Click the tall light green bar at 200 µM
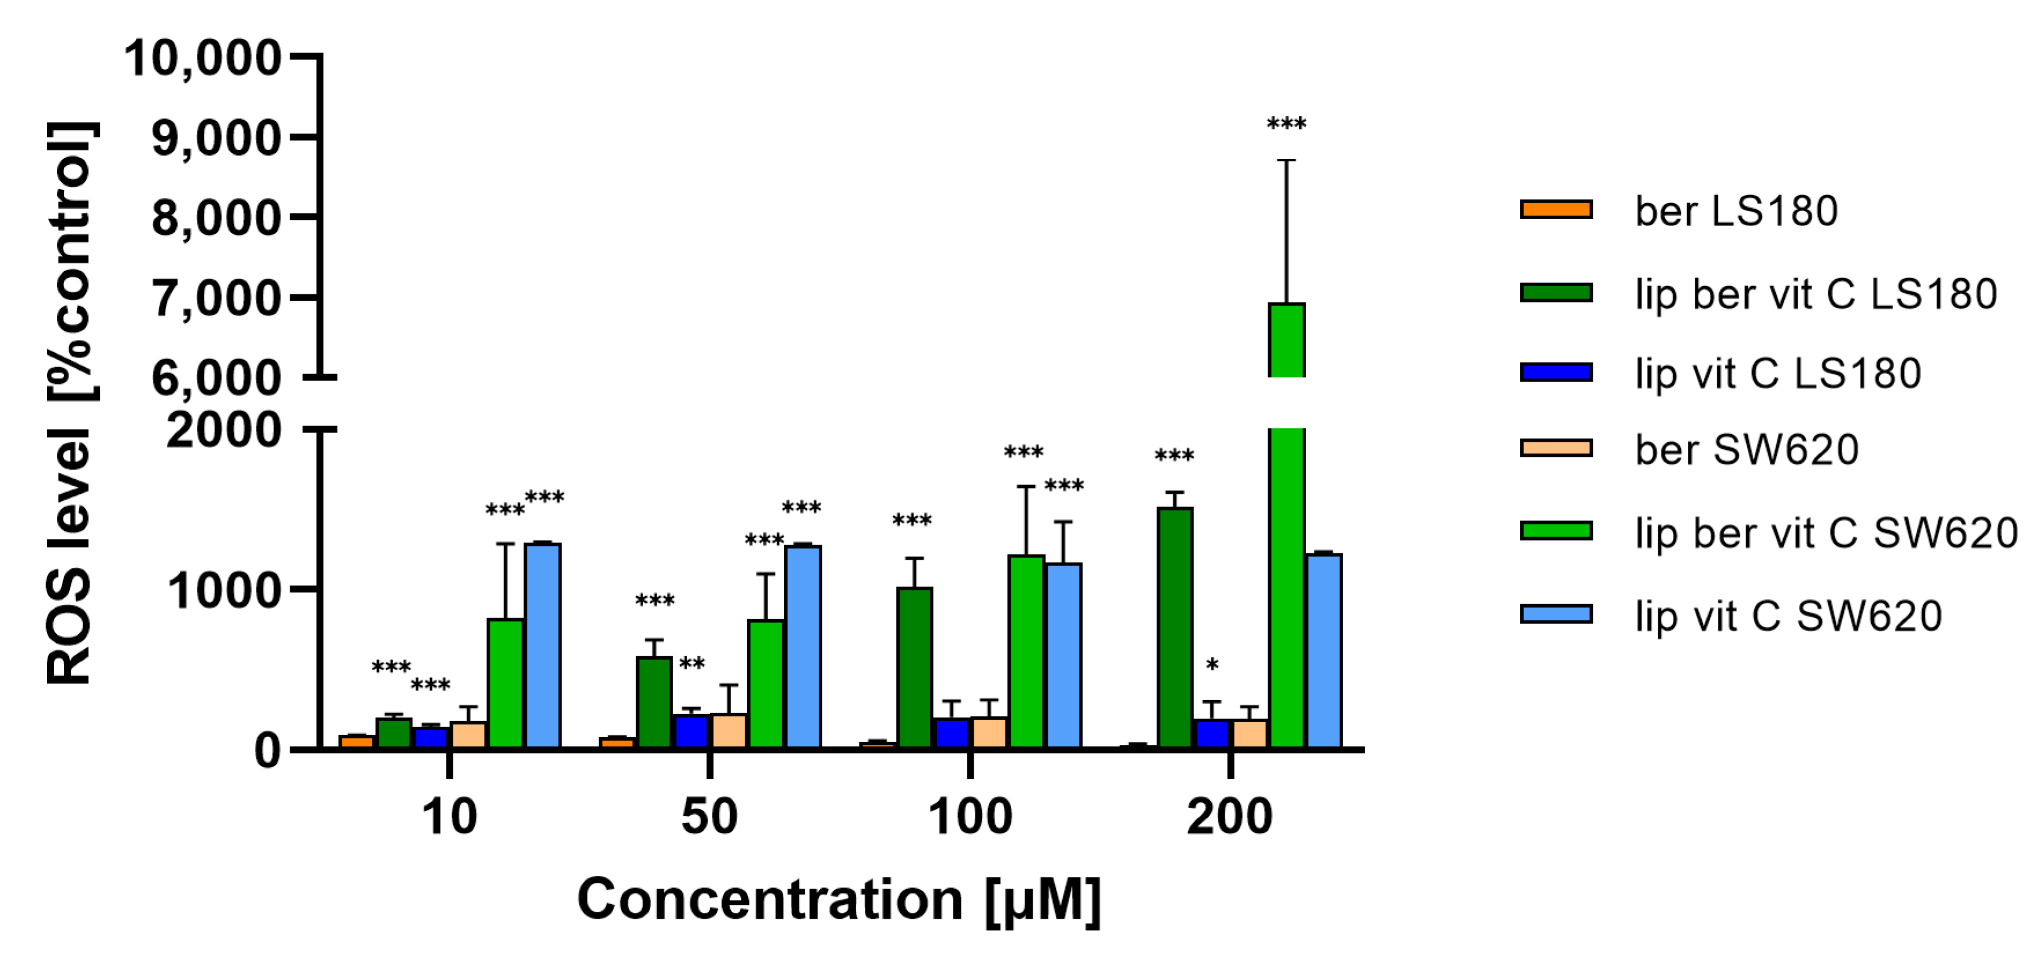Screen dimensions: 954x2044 [x=1286, y=556]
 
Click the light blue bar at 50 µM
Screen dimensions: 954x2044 [x=803, y=647]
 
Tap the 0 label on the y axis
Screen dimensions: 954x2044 [x=267, y=750]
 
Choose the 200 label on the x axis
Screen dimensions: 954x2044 [x=1230, y=817]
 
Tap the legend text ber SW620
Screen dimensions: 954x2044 [x=1746, y=450]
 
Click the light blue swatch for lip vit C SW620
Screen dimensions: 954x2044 [x=1556, y=614]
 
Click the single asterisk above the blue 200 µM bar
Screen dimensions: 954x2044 [x=1211, y=665]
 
